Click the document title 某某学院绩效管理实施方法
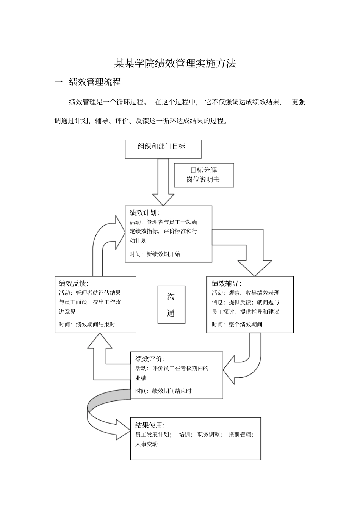(x=175, y=63)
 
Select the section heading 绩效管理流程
(x=95, y=82)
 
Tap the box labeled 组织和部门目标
(x=163, y=149)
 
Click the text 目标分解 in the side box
(x=203, y=170)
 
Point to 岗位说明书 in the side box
(x=203, y=180)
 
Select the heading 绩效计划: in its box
(x=144, y=212)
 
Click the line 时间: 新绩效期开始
(x=155, y=254)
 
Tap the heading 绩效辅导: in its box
(x=226, y=283)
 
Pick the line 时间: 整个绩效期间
(x=237, y=325)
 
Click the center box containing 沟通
(x=171, y=304)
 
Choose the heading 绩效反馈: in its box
(x=74, y=283)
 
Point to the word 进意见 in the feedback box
(x=67, y=312)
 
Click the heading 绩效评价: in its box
(x=150, y=359)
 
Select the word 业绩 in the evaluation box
(x=141, y=378)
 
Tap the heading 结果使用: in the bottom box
(x=150, y=425)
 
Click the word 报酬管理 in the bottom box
(x=240, y=435)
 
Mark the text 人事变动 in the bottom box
(x=146, y=444)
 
